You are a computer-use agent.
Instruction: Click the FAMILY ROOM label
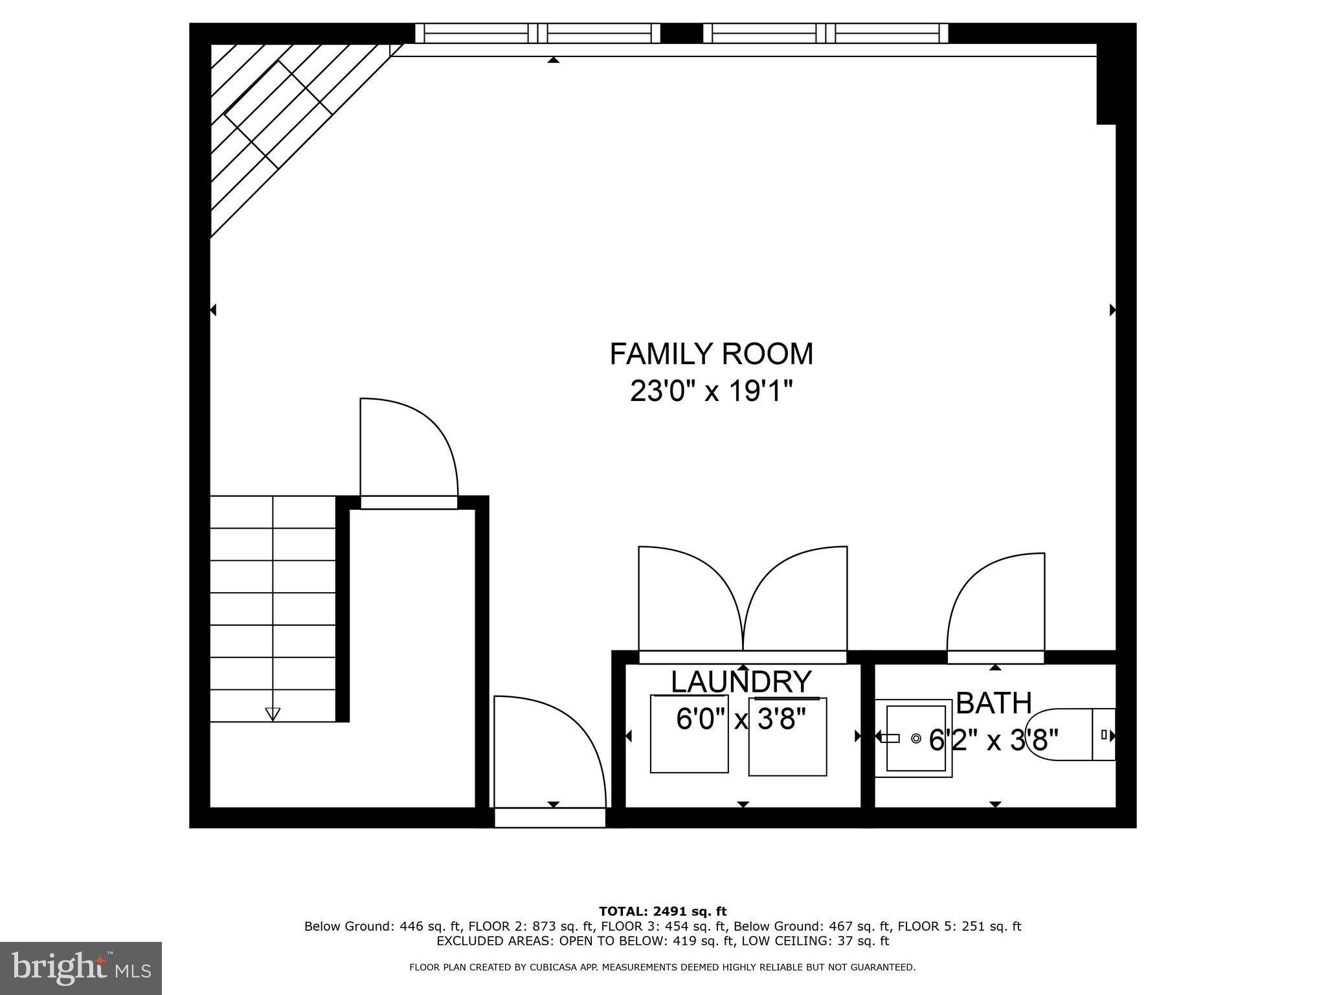711,354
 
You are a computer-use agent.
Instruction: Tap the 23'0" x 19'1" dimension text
711,391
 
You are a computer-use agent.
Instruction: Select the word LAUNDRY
741,681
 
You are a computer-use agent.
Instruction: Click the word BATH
993,703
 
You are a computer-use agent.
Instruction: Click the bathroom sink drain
916,738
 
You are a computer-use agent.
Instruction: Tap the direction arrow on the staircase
273,714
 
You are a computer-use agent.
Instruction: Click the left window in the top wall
537,33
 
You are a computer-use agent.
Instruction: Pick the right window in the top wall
826,33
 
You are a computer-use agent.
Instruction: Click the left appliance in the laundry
689,734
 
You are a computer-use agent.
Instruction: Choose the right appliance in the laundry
787,736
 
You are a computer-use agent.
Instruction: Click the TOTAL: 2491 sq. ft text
662,911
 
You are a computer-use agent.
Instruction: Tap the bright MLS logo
81,968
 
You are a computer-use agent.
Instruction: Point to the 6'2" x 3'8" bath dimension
993,739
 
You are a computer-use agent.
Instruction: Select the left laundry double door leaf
690,599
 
